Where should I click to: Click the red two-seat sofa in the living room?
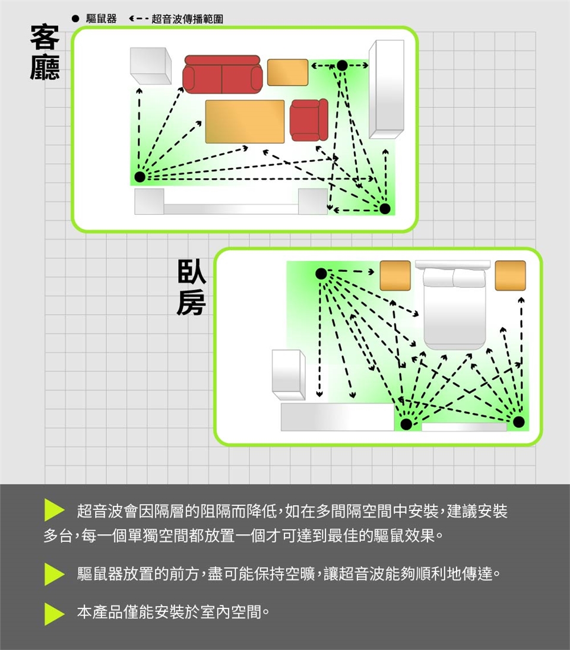click(x=223, y=74)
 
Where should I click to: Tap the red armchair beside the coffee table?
click(x=309, y=120)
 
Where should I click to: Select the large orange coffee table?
click(x=245, y=122)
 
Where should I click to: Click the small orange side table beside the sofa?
click(x=288, y=72)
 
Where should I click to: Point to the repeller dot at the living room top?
click(x=342, y=65)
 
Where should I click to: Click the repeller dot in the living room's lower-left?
click(x=140, y=176)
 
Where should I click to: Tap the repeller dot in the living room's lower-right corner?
click(x=385, y=208)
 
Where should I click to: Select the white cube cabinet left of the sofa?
click(x=151, y=66)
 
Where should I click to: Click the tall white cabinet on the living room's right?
click(x=387, y=89)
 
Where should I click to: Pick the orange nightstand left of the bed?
click(x=395, y=275)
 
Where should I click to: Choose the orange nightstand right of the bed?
click(x=510, y=275)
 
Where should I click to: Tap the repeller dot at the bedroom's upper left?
click(x=321, y=274)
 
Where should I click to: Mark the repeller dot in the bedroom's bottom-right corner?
click(x=518, y=422)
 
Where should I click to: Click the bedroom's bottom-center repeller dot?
click(x=406, y=424)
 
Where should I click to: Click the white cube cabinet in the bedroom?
click(x=289, y=375)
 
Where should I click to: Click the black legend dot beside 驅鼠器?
click(x=75, y=18)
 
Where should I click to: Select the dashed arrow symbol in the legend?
click(x=139, y=18)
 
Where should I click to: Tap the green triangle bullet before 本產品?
click(x=54, y=614)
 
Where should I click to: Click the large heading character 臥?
click(x=192, y=272)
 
